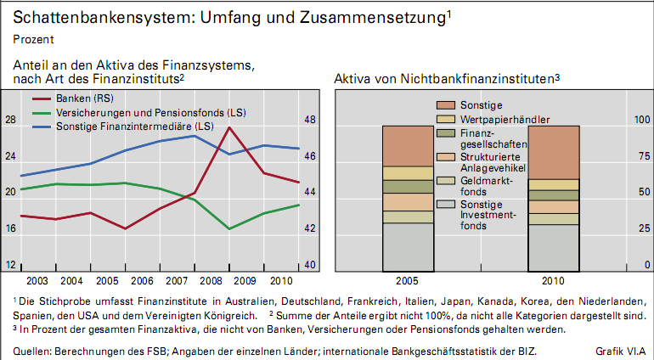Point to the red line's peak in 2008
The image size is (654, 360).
229,127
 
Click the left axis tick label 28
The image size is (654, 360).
10,121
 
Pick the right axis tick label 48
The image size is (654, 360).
311,121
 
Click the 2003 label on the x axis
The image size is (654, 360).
37,280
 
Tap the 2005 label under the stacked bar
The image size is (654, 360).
408,280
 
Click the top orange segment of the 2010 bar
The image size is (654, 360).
554,152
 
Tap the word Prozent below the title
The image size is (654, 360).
33,39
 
